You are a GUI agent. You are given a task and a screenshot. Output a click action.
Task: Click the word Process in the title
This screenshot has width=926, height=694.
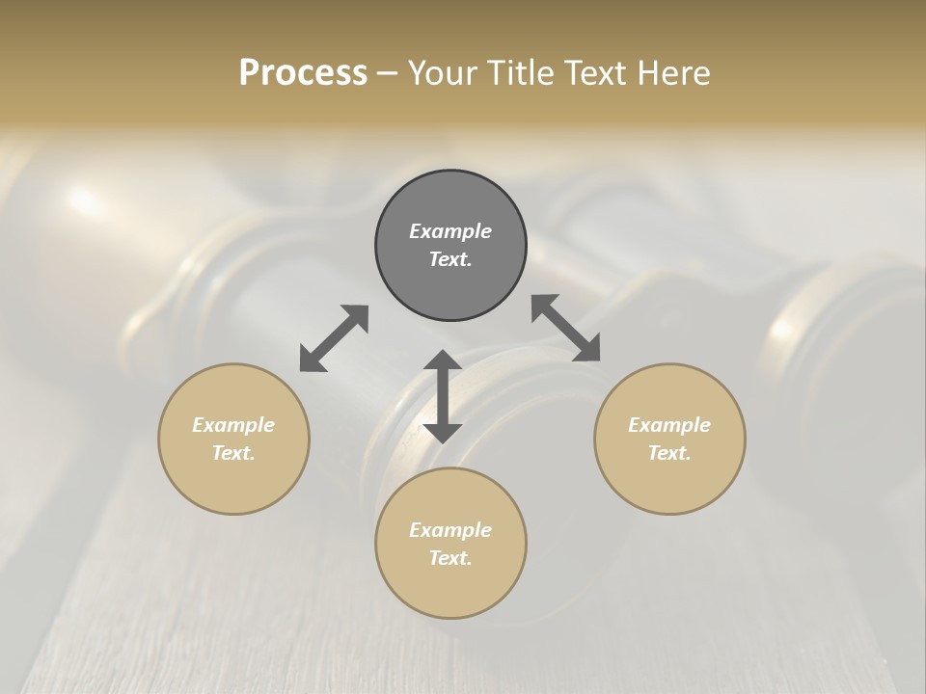click(303, 73)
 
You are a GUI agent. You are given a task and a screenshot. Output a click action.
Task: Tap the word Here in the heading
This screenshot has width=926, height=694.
click(671, 73)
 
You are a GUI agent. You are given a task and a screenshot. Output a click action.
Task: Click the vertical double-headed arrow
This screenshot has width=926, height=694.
click(443, 396)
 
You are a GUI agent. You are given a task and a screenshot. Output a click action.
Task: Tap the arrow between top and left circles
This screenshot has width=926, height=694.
click(334, 338)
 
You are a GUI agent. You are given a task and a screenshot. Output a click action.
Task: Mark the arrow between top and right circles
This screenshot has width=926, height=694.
click(566, 328)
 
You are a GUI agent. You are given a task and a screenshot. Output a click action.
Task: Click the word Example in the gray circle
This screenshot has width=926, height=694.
click(450, 231)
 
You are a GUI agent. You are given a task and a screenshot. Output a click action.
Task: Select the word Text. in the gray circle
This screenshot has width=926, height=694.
click(450, 259)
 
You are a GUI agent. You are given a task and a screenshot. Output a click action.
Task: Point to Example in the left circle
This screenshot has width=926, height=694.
click(233, 425)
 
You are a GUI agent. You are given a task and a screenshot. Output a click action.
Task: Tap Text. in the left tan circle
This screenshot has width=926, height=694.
click(233, 453)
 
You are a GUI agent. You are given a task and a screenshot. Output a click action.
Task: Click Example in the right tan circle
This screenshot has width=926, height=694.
click(669, 425)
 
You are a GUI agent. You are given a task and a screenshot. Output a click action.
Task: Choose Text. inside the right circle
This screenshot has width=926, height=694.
click(669, 453)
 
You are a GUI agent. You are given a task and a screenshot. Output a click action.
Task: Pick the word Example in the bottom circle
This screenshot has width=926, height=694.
click(450, 530)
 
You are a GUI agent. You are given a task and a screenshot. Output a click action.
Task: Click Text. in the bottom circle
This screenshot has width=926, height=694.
click(450, 558)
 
